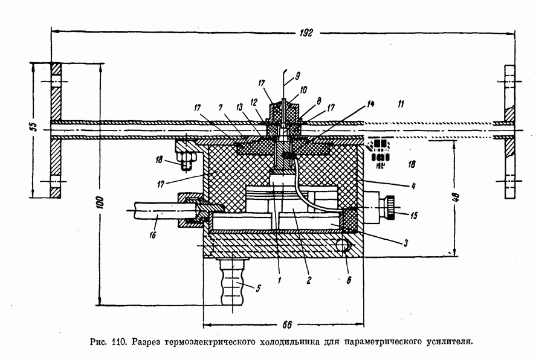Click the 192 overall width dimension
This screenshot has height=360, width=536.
pos(306,34)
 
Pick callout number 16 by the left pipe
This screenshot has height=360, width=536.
pos(152,235)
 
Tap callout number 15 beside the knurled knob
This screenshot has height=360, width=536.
pos(412,215)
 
